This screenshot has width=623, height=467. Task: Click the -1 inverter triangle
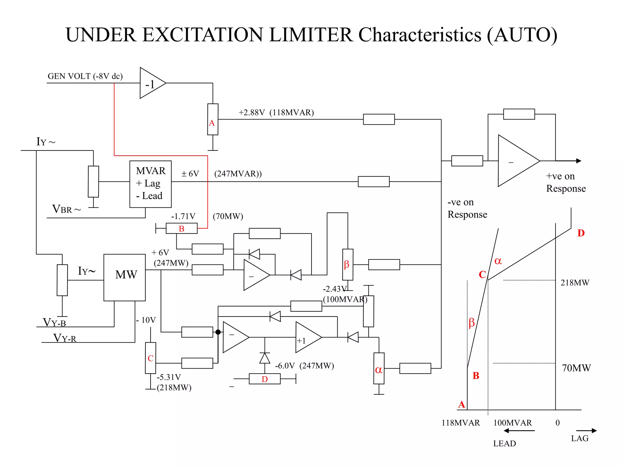(151, 83)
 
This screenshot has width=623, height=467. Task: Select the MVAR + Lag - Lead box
(150, 184)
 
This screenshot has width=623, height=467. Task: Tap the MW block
(124, 277)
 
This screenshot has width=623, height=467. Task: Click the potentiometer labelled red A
(213, 119)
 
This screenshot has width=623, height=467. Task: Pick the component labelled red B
(182, 228)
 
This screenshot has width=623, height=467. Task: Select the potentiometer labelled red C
(150, 358)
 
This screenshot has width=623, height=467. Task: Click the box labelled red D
(264, 379)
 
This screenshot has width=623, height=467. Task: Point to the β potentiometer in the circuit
(347, 264)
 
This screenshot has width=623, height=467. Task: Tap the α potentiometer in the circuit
(379, 368)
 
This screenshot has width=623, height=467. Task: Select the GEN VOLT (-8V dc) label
(85, 76)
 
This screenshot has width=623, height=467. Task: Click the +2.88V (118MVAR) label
(276, 112)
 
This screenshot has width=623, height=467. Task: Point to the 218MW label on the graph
(575, 282)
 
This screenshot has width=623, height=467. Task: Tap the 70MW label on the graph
(576, 368)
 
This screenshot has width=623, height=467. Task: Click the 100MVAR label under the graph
(512, 423)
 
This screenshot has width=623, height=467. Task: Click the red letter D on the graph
(581, 233)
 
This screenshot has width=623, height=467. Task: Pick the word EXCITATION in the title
(202, 35)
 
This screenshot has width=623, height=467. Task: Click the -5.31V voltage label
(169, 377)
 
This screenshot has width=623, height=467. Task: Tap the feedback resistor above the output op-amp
(519, 114)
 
